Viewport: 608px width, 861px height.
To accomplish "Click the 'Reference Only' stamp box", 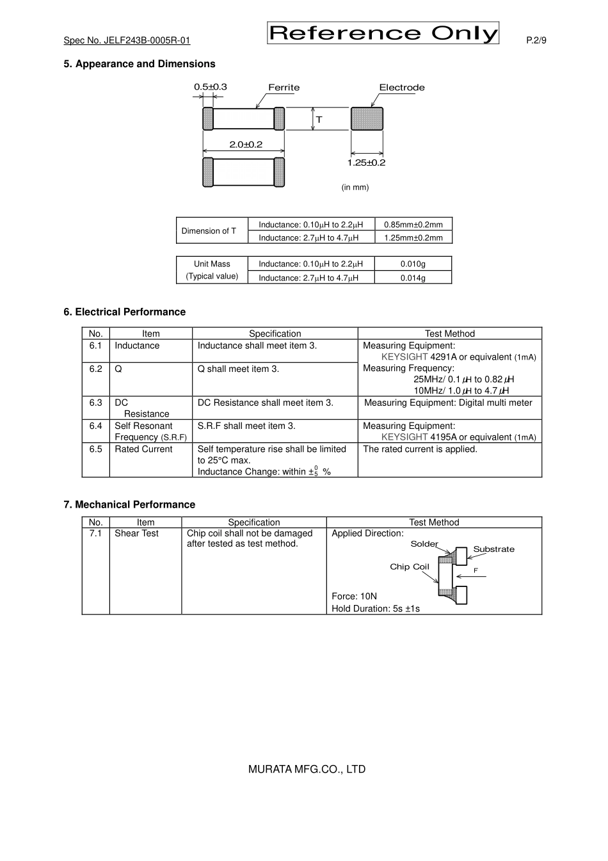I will click(382, 33).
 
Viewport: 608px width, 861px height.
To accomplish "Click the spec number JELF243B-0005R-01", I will click(127, 40).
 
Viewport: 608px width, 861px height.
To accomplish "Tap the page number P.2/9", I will click(536, 40).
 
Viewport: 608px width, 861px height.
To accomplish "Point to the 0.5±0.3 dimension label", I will click(211, 87).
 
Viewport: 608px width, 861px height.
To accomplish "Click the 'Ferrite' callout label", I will click(284, 88).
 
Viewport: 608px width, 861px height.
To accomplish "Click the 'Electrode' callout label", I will click(401, 88).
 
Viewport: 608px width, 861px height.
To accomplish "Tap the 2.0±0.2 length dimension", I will click(246, 145).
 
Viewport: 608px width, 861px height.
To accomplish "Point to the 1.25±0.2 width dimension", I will click(366, 163).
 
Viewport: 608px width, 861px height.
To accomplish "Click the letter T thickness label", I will click(319, 120).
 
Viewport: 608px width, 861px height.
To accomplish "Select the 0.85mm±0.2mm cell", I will click(413, 225).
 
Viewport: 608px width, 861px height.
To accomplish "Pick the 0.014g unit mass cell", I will click(413, 278).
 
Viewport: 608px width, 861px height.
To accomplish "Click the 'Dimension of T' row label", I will click(209, 231).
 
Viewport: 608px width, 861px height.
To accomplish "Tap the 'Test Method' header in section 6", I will click(450, 334).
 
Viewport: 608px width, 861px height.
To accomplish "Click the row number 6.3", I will click(95, 403).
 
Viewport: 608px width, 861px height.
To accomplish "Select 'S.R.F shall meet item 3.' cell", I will click(246, 426).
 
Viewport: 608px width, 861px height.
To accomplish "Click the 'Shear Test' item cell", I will click(136, 533).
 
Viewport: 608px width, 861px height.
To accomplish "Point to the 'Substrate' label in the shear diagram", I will click(493, 549).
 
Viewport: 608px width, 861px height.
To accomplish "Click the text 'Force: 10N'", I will click(354, 596).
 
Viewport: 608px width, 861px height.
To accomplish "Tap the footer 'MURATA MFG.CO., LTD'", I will click(307, 769).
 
